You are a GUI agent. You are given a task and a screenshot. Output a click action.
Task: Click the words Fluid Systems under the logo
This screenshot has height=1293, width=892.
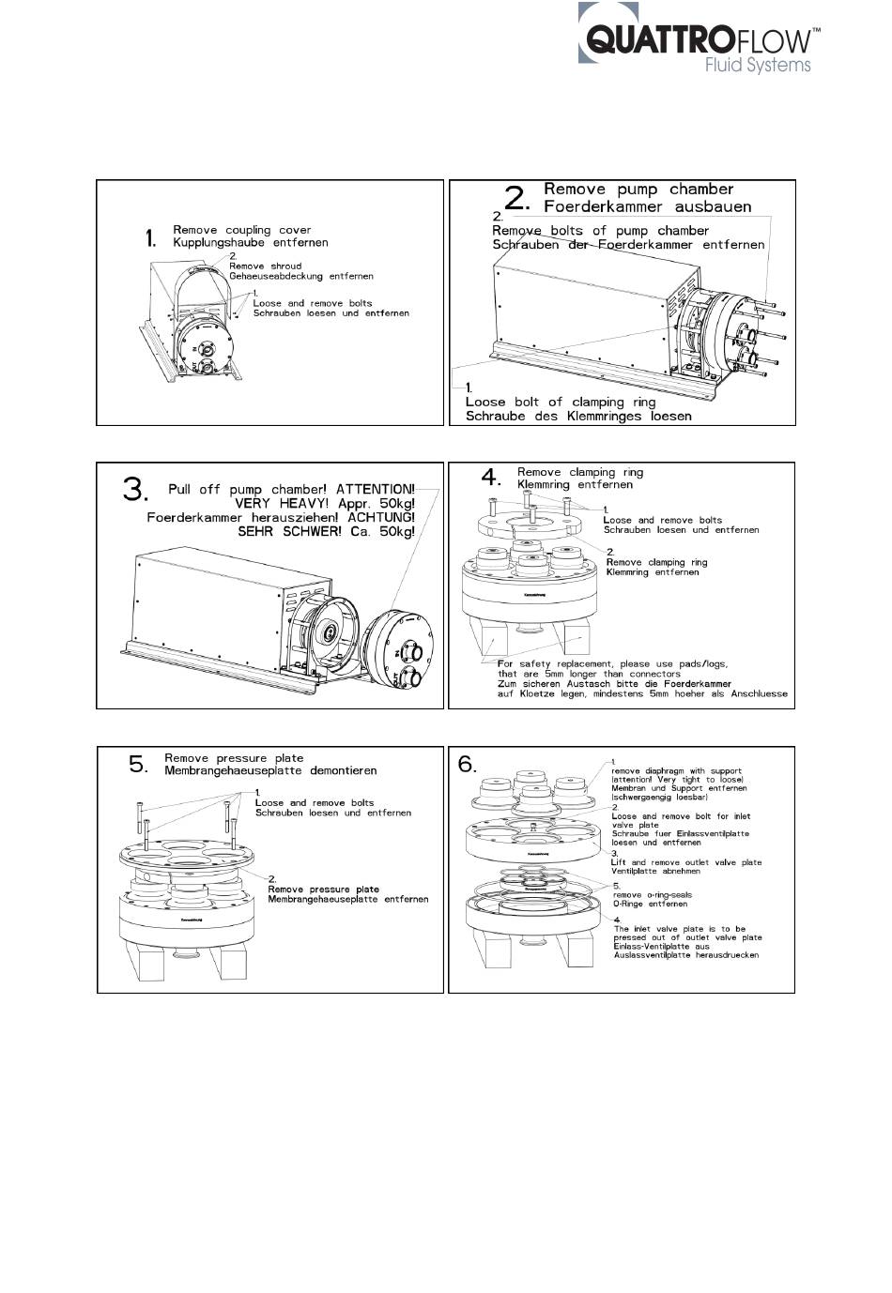click(x=758, y=65)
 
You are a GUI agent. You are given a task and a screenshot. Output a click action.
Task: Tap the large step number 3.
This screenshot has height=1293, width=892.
click(x=135, y=490)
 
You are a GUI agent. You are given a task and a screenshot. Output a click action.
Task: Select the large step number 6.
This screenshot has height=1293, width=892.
click(x=468, y=765)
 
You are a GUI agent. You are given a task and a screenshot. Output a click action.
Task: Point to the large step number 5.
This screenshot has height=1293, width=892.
click(x=138, y=765)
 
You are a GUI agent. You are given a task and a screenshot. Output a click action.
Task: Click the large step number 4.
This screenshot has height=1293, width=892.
click(x=491, y=478)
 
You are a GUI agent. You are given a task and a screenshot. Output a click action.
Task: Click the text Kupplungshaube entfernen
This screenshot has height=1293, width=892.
click(x=251, y=242)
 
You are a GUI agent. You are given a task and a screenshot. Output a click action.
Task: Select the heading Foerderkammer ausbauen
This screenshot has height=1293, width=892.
click(x=648, y=206)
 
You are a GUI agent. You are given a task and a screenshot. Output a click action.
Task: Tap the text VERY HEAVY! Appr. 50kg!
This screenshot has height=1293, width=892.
click(x=324, y=503)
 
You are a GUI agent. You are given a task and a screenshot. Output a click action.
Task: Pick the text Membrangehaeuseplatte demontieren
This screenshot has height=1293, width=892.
click(x=270, y=770)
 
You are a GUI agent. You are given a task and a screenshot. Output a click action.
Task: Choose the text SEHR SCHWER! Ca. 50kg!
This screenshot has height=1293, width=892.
click(x=326, y=531)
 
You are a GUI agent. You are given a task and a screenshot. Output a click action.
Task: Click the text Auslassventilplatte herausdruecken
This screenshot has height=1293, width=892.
click(x=686, y=955)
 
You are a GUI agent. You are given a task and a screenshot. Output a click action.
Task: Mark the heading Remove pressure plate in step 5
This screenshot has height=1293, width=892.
click(x=234, y=758)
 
